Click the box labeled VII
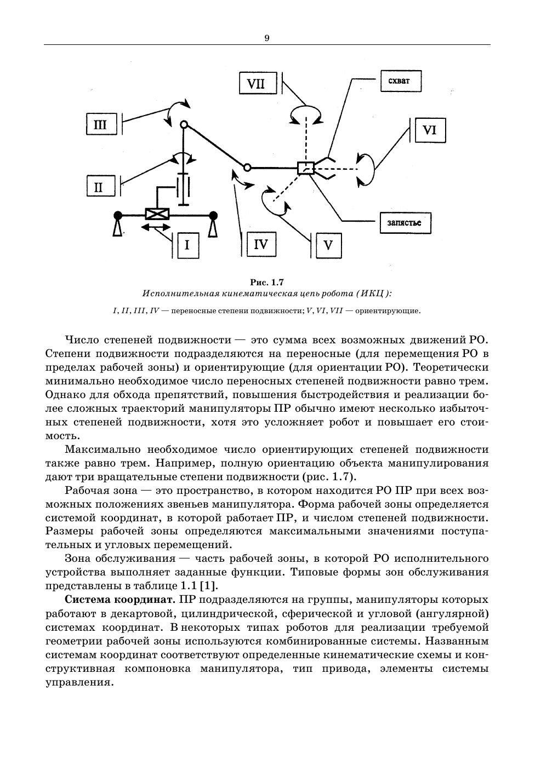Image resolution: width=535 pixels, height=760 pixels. click(x=255, y=84)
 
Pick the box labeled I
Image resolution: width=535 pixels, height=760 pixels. click(x=187, y=245)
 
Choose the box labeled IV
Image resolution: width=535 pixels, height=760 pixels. click(x=261, y=244)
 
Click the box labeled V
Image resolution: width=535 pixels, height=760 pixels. click(x=328, y=245)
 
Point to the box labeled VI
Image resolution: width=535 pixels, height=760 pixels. click(x=430, y=130)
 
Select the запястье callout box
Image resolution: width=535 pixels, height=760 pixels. click(x=404, y=223)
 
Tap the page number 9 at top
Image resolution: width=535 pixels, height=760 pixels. click(x=267, y=38)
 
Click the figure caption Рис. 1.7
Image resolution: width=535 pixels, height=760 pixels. click(x=267, y=283)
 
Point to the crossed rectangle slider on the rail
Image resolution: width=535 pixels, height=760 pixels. click(x=157, y=214)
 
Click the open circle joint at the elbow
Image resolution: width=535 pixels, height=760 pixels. click(x=247, y=167)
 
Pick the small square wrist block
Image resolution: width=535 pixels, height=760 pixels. click(x=305, y=168)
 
